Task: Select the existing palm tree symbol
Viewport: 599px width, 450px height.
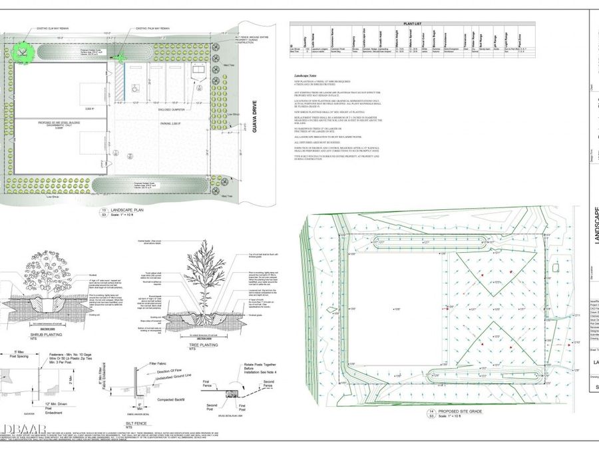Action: pyautogui.click(x=121, y=57)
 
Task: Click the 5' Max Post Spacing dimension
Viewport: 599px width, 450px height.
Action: pyautogui.click(x=20, y=354)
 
